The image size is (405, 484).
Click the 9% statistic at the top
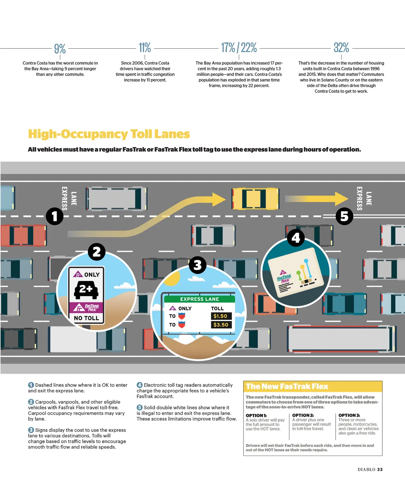[x=60, y=49]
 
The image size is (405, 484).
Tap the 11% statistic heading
[x=145, y=48]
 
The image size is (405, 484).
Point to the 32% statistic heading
[x=341, y=48]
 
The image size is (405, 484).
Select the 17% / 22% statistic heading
[x=239, y=48]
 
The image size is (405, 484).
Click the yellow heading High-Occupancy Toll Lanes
[x=109, y=134]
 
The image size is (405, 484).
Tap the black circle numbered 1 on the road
[x=55, y=216]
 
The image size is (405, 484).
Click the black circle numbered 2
[x=97, y=252]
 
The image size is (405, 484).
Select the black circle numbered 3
[x=197, y=265]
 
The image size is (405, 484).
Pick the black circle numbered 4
[x=295, y=238]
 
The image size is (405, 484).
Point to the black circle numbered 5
[x=344, y=216]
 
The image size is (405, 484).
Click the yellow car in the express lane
[x=255, y=199]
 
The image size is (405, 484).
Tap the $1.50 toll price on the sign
[x=220, y=316]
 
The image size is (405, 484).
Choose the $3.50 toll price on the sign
[x=221, y=325]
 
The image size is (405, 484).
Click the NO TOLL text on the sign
[x=87, y=318]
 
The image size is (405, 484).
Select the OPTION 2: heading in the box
[x=303, y=415]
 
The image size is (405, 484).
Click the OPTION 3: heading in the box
[x=349, y=415]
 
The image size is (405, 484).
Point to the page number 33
[x=380, y=469]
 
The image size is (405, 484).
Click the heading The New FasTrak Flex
[x=287, y=386]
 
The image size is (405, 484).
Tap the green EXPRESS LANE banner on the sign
[x=199, y=299]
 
